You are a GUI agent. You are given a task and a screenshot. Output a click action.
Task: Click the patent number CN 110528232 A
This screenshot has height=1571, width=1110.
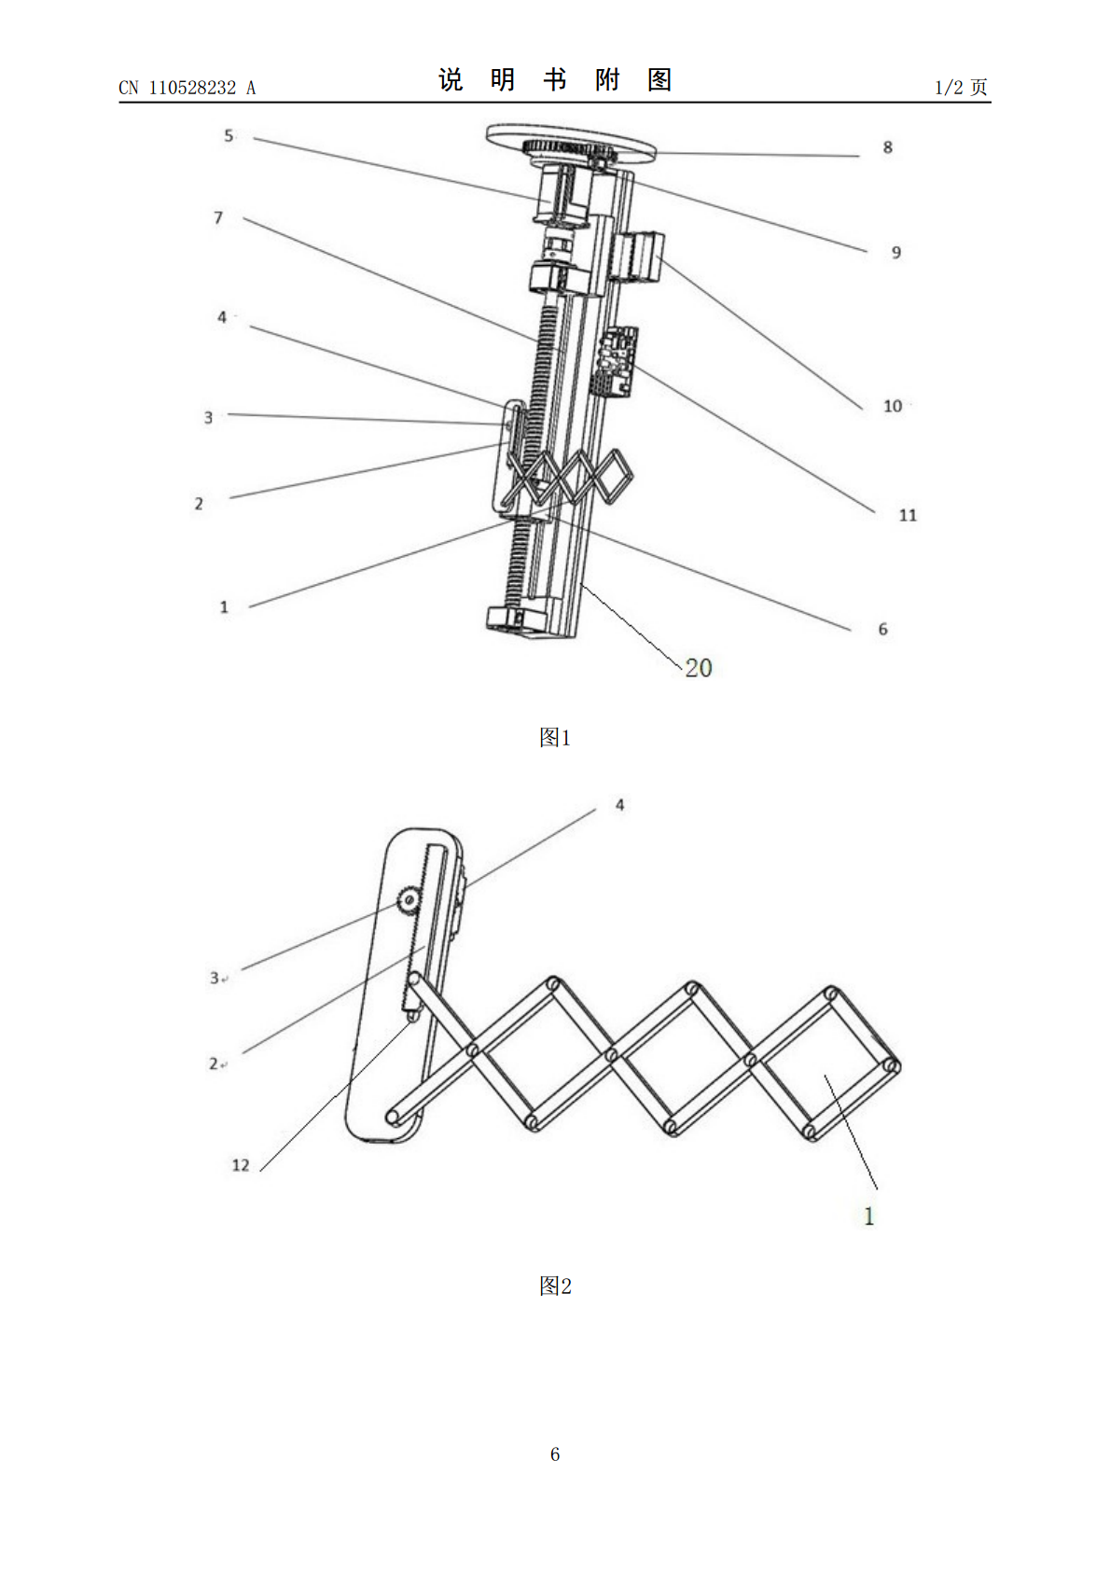pyautogui.click(x=187, y=88)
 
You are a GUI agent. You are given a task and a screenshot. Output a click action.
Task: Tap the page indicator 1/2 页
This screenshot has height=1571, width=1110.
pyautogui.click(x=962, y=87)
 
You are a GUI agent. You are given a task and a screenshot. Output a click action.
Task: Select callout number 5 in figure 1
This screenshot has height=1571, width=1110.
pyautogui.click(x=229, y=135)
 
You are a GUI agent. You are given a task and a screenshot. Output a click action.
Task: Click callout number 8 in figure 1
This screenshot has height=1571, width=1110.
pyautogui.click(x=888, y=147)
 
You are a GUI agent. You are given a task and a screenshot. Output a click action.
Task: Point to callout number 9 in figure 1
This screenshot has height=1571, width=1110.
pyautogui.click(x=896, y=253)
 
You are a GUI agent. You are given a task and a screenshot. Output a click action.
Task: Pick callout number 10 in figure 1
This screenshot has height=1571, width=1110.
pyautogui.click(x=893, y=406)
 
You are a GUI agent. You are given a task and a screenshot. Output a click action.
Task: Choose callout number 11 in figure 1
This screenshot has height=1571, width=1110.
pyautogui.click(x=908, y=516)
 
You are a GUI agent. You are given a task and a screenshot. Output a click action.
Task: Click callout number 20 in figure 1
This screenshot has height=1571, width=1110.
pyautogui.click(x=699, y=668)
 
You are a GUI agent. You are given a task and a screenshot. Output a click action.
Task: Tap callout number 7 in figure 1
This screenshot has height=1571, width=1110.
pyautogui.click(x=218, y=218)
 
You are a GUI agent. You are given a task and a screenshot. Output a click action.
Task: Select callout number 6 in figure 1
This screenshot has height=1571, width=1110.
pyautogui.click(x=882, y=629)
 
